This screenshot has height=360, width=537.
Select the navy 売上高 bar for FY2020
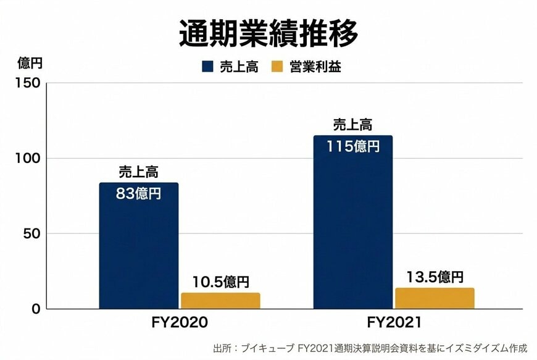[x=139, y=253]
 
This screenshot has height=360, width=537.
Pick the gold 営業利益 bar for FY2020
[x=220, y=301]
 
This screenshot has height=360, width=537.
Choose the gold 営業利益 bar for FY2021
[x=435, y=298]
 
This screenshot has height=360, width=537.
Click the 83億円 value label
[x=139, y=193]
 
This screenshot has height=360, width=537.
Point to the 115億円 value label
[x=352, y=146]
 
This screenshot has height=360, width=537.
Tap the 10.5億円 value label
[x=220, y=282]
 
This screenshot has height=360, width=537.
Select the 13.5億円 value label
[x=435, y=277]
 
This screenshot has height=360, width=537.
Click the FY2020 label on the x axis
[x=180, y=322]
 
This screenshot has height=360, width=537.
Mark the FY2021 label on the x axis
[x=394, y=322]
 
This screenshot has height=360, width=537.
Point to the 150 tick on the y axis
[x=29, y=83]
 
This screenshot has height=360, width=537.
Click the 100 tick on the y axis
[x=29, y=159]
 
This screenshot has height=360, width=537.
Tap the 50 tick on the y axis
[x=32, y=234]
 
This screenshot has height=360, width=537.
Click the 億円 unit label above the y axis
[x=29, y=63]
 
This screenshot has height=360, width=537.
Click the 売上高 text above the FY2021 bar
[x=352, y=125]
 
